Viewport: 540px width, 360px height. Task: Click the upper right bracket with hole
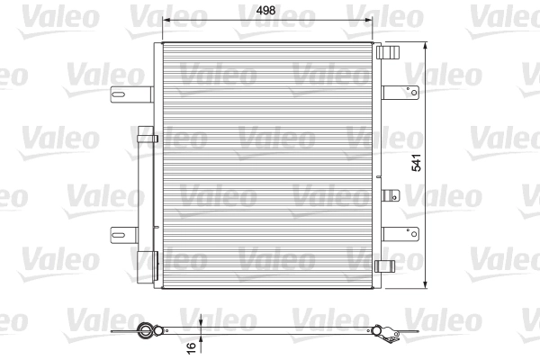400,91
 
